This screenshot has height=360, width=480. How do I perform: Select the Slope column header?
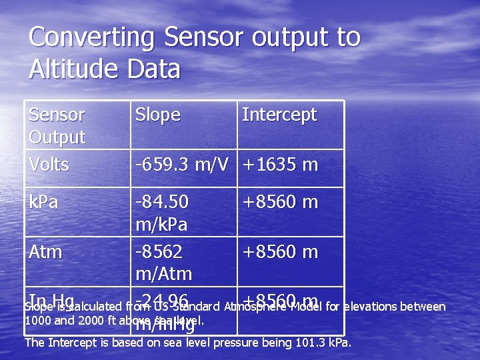(157, 115)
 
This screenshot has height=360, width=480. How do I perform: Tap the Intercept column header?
(279, 115)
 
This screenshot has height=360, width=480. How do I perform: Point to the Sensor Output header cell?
(57, 125)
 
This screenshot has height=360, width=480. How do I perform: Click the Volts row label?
(49, 165)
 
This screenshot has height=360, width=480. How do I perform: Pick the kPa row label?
(43, 202)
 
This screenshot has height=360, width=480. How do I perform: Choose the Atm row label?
(45, 253)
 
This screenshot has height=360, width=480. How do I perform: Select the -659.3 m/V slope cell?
(184, 165)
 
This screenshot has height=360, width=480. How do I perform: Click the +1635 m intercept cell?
(280, 165)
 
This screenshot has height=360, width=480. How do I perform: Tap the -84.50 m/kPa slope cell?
(162, 212)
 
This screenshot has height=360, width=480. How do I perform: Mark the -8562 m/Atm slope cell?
(163, 263)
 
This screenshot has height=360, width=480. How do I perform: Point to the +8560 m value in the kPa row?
(280, 202)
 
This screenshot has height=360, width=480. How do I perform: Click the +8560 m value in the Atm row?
(280, 253)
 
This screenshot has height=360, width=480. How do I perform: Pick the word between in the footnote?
(423, 307)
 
